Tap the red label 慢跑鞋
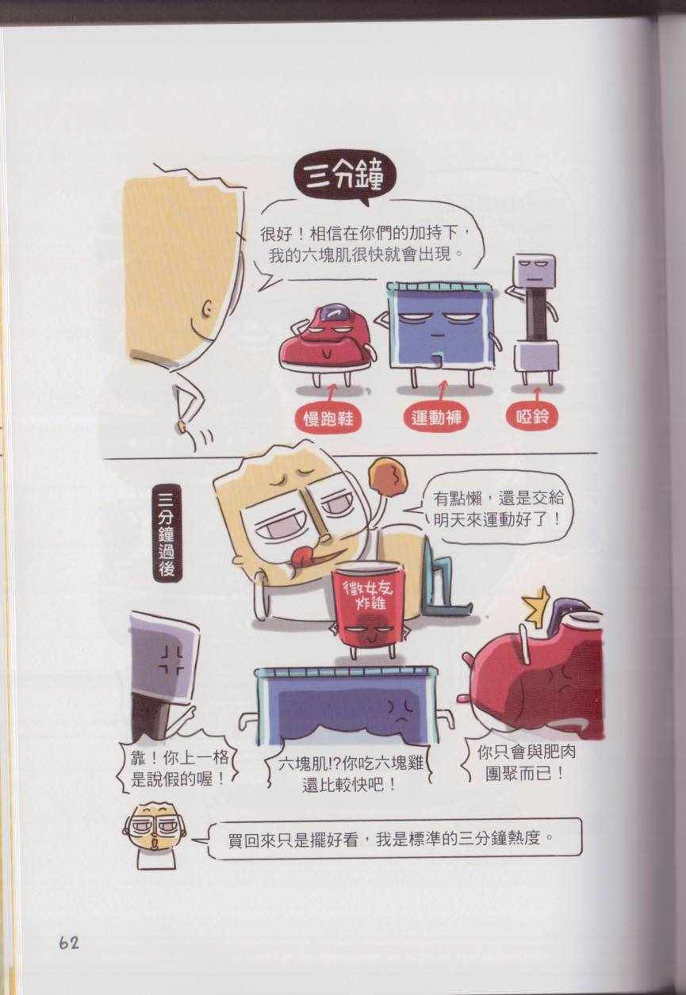[x=328, y=418]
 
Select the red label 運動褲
[x=436, y=417]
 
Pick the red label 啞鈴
[x=532, y=416]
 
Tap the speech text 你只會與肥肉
[x=526, y=752]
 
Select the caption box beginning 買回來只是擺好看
[x=393, y=840]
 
